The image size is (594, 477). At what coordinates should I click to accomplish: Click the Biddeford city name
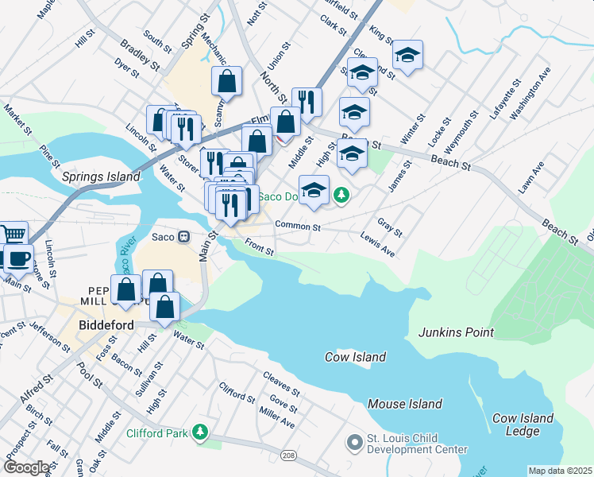(109, 325)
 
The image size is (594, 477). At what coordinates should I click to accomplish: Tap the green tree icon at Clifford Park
(201, 432)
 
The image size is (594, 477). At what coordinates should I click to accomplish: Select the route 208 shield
(289, 456)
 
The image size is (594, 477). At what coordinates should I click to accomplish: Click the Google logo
(26, 467)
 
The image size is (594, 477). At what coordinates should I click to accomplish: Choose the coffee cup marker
(18, 258)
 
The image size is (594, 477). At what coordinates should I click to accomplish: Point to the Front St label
(259, 247)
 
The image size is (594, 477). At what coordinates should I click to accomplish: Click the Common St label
(297, 226)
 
